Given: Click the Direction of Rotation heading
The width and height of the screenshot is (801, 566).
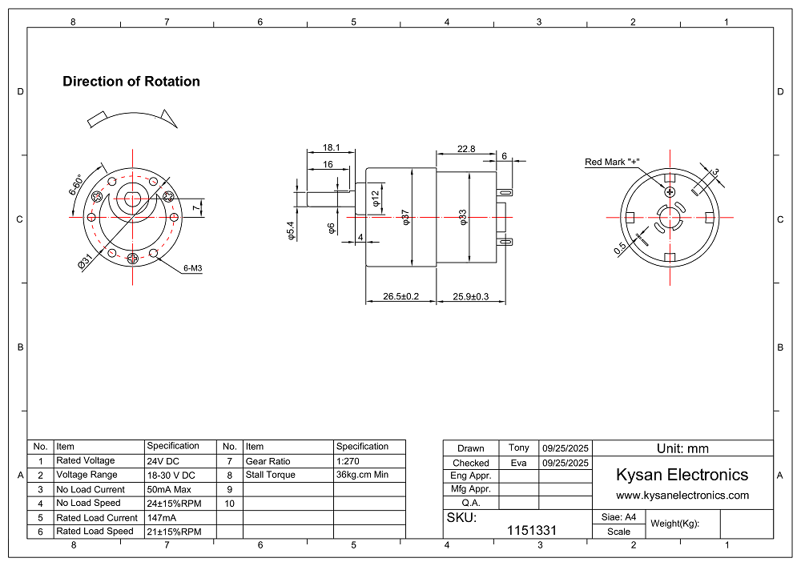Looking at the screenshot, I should pos(131,82).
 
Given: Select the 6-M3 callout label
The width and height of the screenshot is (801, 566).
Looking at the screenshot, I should pos(192,269).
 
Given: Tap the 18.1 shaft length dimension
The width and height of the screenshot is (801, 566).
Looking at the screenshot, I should pos(332,148).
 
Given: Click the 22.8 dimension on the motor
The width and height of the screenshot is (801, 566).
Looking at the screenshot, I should pos(466,148).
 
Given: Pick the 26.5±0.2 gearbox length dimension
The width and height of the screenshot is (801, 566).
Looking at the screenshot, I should pos(400,297).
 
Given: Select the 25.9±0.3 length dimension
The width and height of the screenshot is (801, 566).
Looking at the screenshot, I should pos(470,297).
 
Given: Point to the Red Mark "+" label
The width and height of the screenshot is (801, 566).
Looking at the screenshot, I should pos(614,163).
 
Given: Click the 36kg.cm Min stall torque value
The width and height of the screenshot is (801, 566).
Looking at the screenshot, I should pos(362,475).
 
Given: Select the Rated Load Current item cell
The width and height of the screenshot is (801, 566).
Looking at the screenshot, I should pos(97,518).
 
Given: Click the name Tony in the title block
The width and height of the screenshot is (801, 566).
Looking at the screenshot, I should pos(519,448).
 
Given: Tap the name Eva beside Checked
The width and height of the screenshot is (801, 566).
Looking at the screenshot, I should pos(518,462).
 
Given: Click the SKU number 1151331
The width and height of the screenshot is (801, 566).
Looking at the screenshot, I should pos(533,530).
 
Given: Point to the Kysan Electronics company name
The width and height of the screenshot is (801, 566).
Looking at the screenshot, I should pos(682,475).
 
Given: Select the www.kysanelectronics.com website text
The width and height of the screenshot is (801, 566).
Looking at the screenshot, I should pos(682,496).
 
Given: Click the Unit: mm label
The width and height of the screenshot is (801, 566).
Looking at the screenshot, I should pos(682,448).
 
